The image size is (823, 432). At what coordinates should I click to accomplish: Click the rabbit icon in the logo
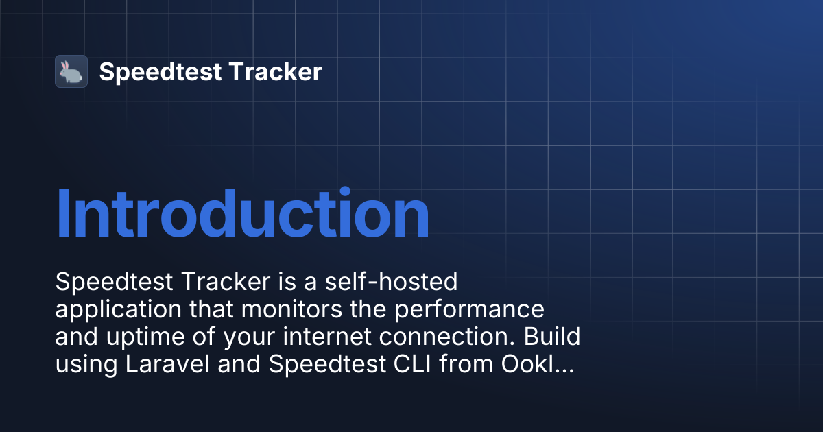pyautogui.click(x=71, y=71)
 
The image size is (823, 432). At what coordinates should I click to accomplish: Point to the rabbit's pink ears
pyautogui.click(x=64, y=66)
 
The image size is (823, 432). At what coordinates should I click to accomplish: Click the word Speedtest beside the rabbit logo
pyautogui.click(x=160, y=73)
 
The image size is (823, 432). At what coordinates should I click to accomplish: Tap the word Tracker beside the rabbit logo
pyautogui.click(x=276, y=71)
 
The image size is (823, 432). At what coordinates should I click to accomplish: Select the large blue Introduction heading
pyautogui.click(x=243, y=213)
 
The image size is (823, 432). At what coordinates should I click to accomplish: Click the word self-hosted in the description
pyautogui.click(x=392, y=282)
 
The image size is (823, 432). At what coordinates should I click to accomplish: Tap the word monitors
pyautogui.click(x=291, y=309)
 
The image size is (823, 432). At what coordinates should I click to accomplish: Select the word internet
pyautogui.click(x=327, y=337)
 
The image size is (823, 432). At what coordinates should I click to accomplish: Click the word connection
pyautogui.click(x=446, y=337)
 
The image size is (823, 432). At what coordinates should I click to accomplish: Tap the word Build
pyautogui.click(x=552, y=336)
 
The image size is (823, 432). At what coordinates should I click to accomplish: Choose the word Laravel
pyautogui.click(x=167, y=364)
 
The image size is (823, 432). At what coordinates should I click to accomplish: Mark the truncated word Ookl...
pyautogui.click(x=538, y=364)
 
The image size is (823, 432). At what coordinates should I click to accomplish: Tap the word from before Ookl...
pyautogui.click(x=466, y=364)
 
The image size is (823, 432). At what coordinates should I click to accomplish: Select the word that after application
pyautogui.click(x=211, y=309)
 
